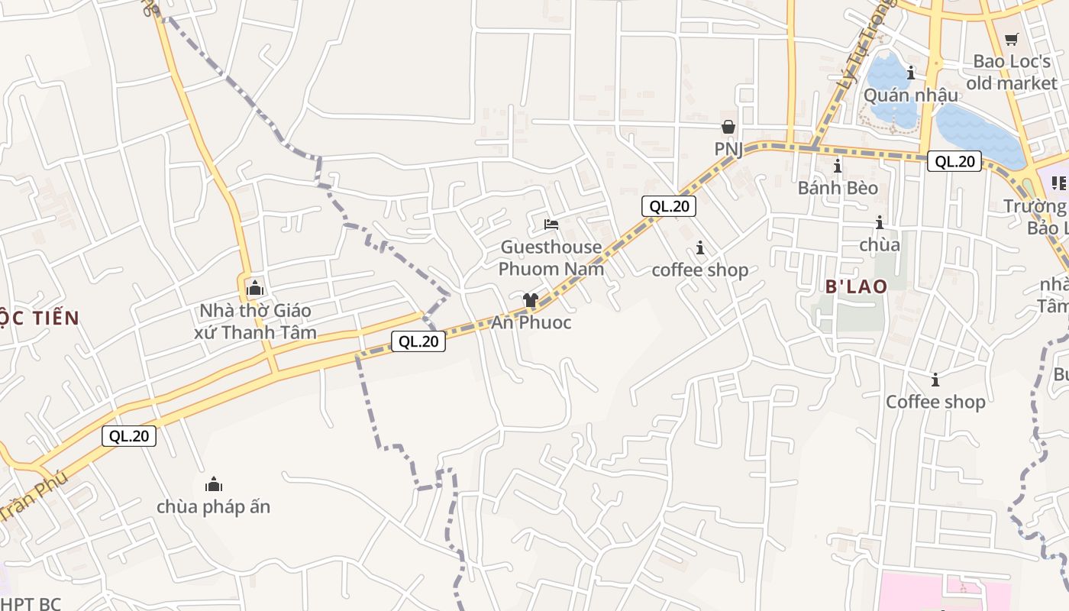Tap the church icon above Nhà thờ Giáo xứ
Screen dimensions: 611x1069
pos(254,289)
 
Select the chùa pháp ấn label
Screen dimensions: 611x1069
pos(214,506)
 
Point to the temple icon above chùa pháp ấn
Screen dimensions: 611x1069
pos(214,484)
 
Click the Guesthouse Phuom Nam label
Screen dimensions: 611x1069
pos(551,258)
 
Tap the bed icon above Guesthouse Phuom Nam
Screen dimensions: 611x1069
pos(551,225)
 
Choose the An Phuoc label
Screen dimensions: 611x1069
pos(531,322)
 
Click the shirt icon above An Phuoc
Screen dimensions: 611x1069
pos(531,300)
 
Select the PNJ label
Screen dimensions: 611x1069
pos(728,149)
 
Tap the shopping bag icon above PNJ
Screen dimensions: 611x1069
pos(728,127)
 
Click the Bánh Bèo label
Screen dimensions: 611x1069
pos(838,188)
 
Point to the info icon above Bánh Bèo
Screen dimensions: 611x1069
pos(838,166)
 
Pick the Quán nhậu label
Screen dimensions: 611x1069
pos(910,95)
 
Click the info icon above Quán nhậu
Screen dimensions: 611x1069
pos(910,73)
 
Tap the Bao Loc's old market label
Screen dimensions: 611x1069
pos(1012,72)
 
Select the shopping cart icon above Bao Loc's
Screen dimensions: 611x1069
pos(1012,39)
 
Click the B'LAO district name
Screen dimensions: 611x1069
pos(856,286)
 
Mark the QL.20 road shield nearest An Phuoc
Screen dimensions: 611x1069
pos(418,341)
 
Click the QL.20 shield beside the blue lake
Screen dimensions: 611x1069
pos(954,161)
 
